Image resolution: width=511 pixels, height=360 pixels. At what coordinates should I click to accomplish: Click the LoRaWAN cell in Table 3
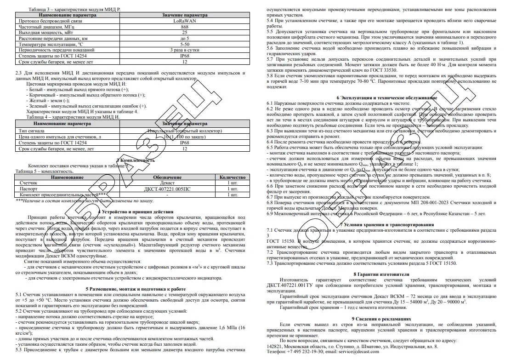pos(185,21)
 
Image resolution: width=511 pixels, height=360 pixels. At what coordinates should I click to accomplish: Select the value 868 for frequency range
pos(185,27)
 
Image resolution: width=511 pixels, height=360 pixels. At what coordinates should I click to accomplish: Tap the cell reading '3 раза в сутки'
pos(185,50)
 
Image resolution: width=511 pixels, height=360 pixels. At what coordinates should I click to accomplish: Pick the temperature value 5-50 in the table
pos(185,44)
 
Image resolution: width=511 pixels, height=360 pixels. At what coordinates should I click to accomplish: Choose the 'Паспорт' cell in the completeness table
pos(28,189)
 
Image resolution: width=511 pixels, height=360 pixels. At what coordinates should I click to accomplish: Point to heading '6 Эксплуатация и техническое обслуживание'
pos(387,98)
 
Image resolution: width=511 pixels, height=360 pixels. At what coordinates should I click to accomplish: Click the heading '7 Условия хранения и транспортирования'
pos(387,224)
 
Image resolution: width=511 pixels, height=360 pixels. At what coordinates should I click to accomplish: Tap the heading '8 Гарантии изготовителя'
pos(387,274)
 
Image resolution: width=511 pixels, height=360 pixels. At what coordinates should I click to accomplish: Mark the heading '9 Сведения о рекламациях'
pos(387,318)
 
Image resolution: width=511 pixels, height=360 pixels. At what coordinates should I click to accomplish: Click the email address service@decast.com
pos(365,352)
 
